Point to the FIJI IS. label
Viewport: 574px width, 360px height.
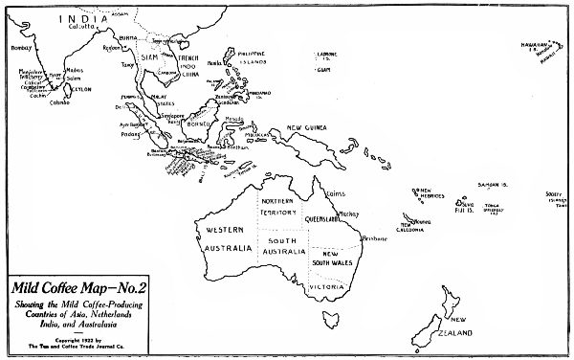[465, 213]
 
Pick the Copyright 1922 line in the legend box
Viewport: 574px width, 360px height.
[67, 337]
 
